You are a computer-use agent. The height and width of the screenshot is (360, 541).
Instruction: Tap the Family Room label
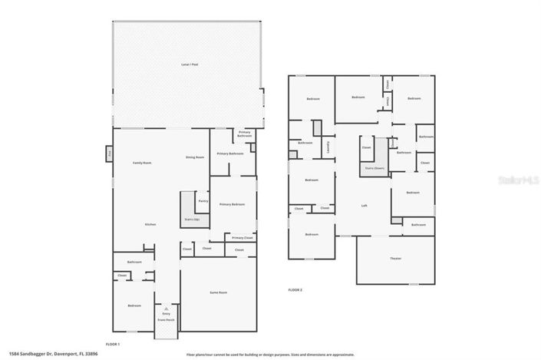click(x=142, y=163)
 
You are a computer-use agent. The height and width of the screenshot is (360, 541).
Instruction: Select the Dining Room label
click(x=195, y=157)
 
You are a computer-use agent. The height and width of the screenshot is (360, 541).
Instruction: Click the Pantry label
click(x=203, y=201)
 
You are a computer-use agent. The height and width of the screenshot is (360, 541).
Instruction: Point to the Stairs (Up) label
click(x=192, y=220)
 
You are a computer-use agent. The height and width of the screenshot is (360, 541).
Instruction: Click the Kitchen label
click(x=151, y=224)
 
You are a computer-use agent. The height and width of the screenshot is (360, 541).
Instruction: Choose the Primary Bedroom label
click(x=233, y=204)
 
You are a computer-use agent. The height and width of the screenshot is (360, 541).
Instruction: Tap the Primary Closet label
click(x=242, y=238)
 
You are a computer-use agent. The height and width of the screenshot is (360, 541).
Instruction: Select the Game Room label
click(x=219, y=293)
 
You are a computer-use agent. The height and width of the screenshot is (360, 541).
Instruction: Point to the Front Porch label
click(x=167, y=318)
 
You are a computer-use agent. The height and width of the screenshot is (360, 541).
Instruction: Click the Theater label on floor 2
click(x=395, y=258)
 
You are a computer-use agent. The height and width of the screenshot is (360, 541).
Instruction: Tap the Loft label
click(x=365, y=205)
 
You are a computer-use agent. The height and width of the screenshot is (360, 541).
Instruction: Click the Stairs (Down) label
click(x=374, y=167)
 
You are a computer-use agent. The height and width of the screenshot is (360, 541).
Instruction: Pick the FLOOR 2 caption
click(x=295, y=290)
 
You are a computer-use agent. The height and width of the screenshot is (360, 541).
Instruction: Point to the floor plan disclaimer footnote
click(x=270, y=355)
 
